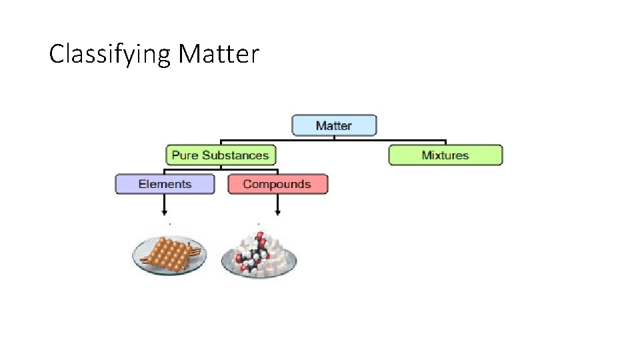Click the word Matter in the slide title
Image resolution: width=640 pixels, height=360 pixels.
[218, 53]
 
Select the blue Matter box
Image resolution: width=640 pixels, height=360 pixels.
[334, 125]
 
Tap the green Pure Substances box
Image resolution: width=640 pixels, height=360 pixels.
[220, 155]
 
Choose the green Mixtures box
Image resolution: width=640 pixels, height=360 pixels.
[445, 155]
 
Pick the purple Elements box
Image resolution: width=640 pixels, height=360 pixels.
[165, 184]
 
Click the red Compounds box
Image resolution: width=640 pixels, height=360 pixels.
[277, 184]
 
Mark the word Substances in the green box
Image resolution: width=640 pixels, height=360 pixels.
[235, 155]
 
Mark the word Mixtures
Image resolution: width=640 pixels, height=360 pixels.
[445, 155]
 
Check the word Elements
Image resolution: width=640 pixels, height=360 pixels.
[165, 184]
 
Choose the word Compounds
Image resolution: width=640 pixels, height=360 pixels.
[277, 184]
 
